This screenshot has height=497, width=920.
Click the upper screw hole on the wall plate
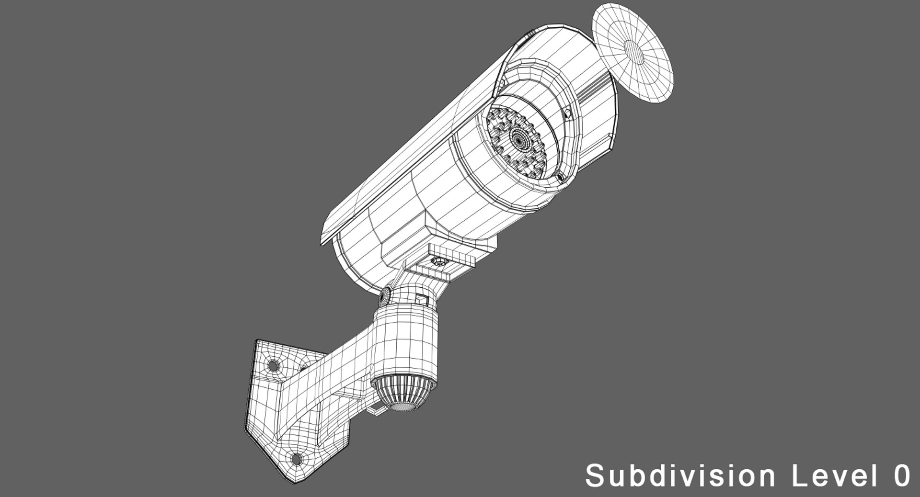[273, 366]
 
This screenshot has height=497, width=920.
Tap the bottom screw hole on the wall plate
[297, 460]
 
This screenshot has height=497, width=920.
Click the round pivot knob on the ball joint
[384, 297]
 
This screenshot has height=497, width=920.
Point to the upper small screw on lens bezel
[568, 114]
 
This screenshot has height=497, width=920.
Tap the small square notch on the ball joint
[421, 299]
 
